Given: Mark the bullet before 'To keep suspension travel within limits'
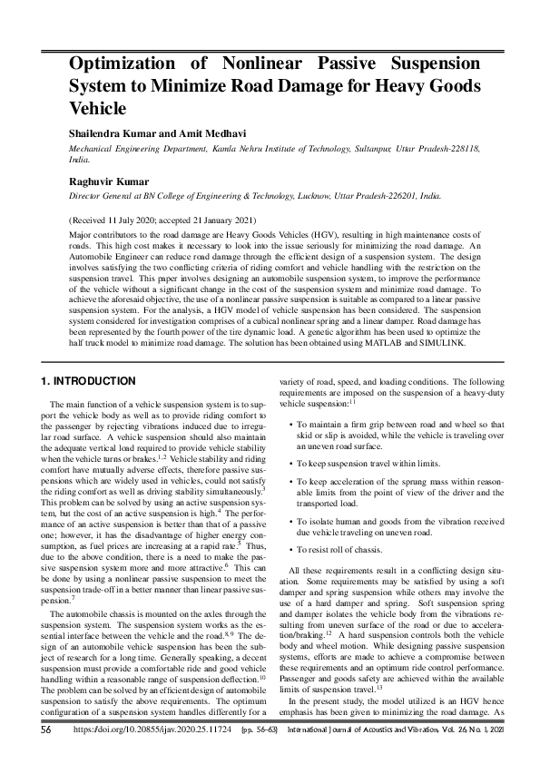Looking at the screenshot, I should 290,463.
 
